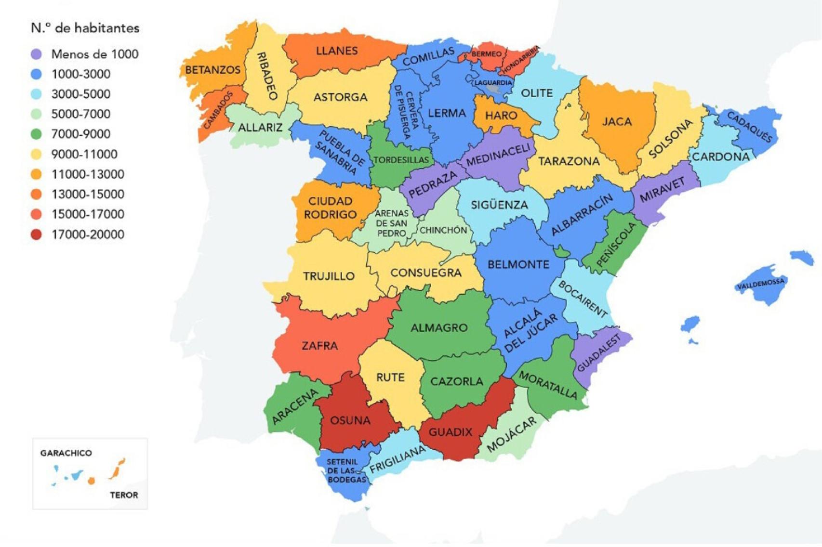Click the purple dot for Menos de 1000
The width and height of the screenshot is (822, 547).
pos(36,54)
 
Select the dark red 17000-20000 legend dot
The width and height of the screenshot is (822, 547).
pos(36,234)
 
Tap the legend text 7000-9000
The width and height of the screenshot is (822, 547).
pos(80,134)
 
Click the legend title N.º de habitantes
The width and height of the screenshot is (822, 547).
pos(85,28)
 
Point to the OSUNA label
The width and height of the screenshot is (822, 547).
pos(350,420)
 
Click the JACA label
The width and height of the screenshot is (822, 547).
pos(617,122)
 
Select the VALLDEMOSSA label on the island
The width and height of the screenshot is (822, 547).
pos(761,284)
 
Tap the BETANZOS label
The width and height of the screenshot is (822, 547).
pos(212,70)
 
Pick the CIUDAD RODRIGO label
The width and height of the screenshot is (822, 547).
pos(330,208)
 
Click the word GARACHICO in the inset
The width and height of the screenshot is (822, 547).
pos(66,453)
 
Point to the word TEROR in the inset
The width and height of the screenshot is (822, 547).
pos(124,495)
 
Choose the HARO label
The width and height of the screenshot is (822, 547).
pos(501,116)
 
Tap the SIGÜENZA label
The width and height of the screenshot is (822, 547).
pos(499,205)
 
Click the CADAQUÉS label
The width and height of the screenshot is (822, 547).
pos(749,127)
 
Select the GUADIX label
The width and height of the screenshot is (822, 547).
pos(451,432)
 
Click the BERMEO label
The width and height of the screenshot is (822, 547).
pos(487,54)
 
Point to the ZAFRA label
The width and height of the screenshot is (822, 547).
pos(319,346)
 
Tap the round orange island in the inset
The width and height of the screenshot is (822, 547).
pos(91,481)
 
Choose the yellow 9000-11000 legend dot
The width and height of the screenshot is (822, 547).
pos(36,154)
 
